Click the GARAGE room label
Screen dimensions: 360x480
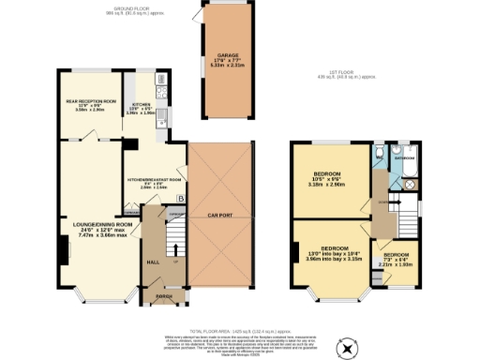click(223, 55)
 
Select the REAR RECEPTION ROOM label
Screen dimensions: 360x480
click(91, 100)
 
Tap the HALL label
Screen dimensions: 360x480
click(153, 262)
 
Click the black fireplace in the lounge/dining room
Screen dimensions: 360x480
click(63, 250)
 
